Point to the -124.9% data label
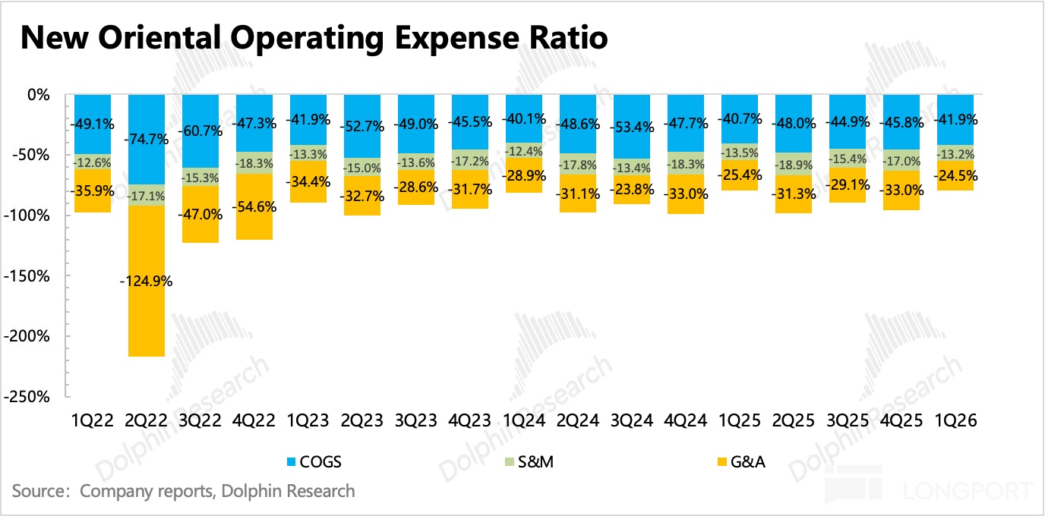(x=147, y=282)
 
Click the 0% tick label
(x=38, y=95)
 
